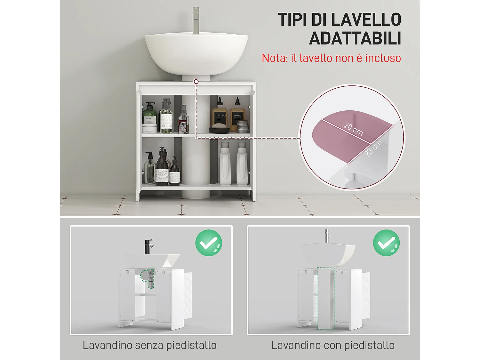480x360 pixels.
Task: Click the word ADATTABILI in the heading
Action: (x=355, y=39)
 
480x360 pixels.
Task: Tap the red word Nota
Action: (x=274, y=58)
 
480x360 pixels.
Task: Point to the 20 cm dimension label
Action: (x=353, y=129)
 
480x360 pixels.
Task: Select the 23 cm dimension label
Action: (x=373, y=148)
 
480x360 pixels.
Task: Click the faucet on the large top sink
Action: (x=196, y=20)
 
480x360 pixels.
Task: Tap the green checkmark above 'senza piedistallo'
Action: (x=209, y=243)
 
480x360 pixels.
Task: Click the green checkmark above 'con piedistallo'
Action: (x=386, y=243)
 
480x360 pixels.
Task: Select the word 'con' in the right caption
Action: (x=332, y=345)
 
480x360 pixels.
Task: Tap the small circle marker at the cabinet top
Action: (x=196, y=82)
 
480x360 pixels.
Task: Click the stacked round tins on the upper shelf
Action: (x=243, y=126)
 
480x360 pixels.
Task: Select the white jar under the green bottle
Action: (x=149, y=128)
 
